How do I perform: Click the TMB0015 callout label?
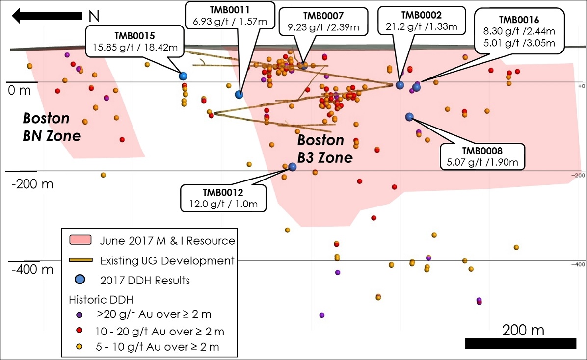(135, 42)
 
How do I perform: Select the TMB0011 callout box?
(230, 16)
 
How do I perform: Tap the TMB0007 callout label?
(323, 22)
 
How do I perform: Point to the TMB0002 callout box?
(422, 21)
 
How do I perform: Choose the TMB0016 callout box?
(519, 31)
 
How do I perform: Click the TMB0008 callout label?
(482, 157)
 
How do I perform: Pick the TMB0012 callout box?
(223, 198)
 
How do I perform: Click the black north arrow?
(47, 16)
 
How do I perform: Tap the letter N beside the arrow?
(94, 16)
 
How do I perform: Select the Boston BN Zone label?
(52, 127)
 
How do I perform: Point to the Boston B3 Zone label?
(325, 149)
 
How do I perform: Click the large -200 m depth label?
(32, 184)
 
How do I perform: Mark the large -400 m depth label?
(32, 269)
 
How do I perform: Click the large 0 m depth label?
(20, 90)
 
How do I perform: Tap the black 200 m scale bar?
(521, 343)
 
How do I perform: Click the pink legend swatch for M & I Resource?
(80, 240)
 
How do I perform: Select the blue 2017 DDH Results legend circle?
(80, 279)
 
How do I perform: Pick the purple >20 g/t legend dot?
(80, 315)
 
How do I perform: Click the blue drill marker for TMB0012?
(293, 167)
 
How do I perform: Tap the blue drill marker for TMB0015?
(183, 77)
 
